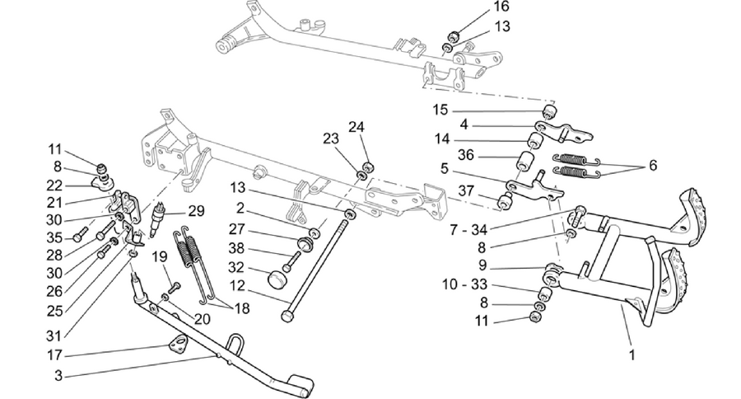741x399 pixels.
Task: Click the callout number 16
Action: pyautogui.click(x=501, y=7)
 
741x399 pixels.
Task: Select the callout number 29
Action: pyautogui.click(x=196, y=210)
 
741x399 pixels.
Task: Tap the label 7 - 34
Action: pyautogui.click(x=468, y=230)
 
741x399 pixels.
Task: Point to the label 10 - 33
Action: pyautogui.click(x=464, y=285)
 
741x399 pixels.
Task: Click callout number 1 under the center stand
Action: pyautogui.click(x=631, y=354)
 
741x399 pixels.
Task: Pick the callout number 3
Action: pyautogui.click(x=58, y=376)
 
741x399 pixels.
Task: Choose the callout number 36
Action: pyautogui.click(x=465, y=155)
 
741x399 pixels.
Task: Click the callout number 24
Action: pyautogui.click(x=357, y=127)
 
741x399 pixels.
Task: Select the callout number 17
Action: pyautogui.click(x=54, y=355)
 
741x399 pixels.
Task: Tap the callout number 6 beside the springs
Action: pyautogui.click(x=653, y=165)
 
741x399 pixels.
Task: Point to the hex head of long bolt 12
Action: pyautogui.click(x=286, y=316)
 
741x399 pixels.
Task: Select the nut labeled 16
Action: pyautogui.click(x=454, y=36)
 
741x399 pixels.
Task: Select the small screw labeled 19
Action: pyautogui.click(x=174, y=287)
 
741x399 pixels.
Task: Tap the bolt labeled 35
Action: pyautogui.click(x=81, y=232)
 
